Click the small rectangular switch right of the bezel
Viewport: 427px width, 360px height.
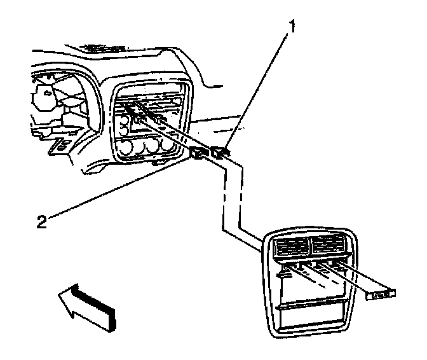380,293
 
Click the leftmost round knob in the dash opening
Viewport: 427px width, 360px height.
125,150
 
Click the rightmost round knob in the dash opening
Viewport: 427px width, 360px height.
168,146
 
